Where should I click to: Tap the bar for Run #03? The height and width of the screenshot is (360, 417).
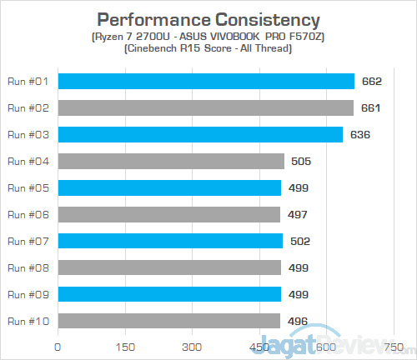pos(200,134)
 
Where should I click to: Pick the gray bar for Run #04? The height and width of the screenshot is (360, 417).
pos(171,161)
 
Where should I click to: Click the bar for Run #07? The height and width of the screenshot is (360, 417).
pos(170,241)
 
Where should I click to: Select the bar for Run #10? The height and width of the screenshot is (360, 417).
pos(168,321)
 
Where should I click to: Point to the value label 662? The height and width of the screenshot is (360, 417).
pos(372,81)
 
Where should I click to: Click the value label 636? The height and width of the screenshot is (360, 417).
pos(360,134)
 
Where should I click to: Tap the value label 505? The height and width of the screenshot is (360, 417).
pos(301,161)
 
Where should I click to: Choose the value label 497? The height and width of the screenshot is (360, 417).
pos(298,214)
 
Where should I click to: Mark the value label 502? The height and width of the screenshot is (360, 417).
pos(300,241)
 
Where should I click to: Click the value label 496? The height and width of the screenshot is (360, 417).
pos(298,321)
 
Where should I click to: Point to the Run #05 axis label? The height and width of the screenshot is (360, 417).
pos(28,187)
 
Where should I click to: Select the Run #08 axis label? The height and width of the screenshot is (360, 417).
pos(28,267)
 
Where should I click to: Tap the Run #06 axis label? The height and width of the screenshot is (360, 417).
pos(28,214)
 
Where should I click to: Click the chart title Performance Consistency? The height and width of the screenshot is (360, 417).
pos(208,18)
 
